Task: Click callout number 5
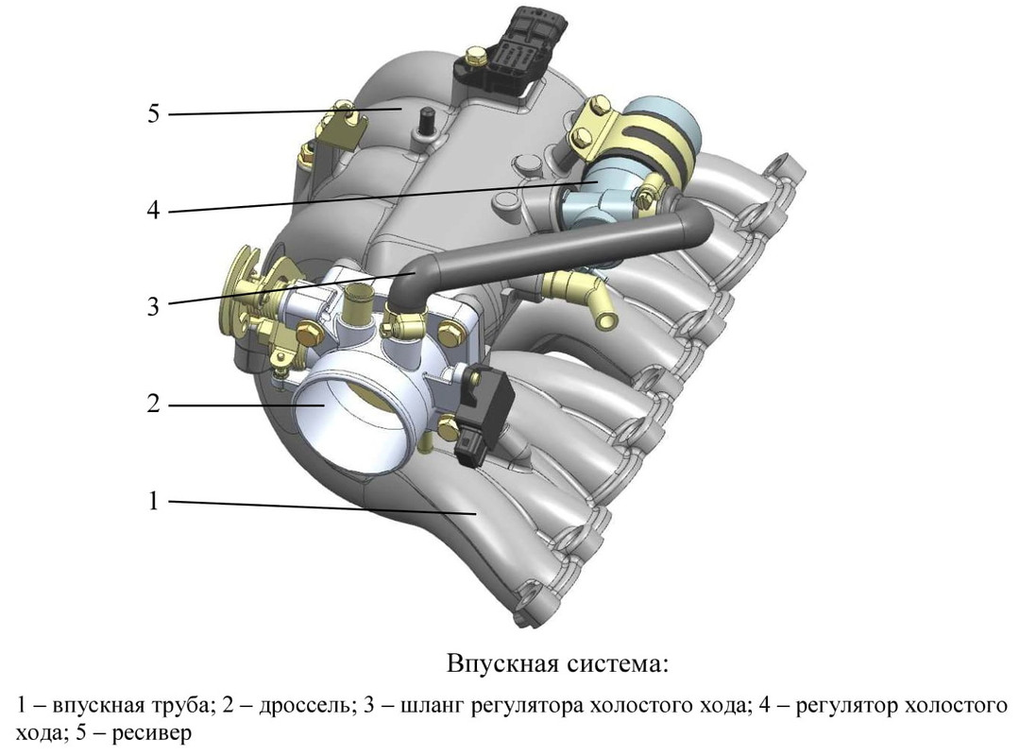coord(153,113)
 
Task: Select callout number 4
coord(153,210)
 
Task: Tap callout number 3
coord(153,305)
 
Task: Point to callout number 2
coord(153,404)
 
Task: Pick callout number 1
coord(153,501)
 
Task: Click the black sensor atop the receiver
coord(515,51)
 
